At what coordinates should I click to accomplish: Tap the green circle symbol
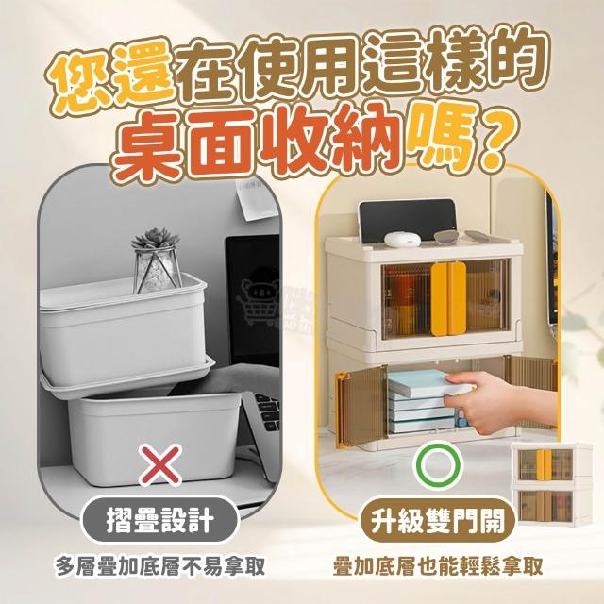439,465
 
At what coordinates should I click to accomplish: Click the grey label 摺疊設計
159,519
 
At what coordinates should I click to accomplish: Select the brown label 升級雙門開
438,520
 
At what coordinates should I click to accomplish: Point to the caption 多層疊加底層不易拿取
160,566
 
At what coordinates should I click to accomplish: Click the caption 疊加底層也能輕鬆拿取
438,566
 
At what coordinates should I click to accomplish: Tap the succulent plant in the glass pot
157,260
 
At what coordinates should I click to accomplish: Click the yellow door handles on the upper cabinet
448,299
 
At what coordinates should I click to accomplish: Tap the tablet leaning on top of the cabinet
407,219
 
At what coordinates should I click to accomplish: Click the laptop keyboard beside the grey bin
268,411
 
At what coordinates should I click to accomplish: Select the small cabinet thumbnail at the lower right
551,484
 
